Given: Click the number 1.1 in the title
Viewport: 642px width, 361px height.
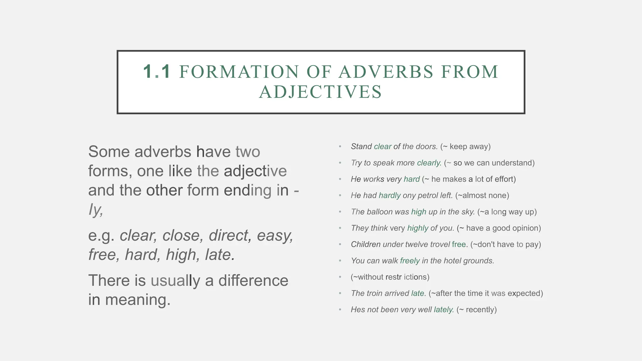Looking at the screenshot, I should point(157,71).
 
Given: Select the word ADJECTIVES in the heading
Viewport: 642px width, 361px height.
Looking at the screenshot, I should point(320,92).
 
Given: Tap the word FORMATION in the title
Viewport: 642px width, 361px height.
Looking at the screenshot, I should point(239,71).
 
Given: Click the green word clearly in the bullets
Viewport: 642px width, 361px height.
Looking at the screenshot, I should point(429,163).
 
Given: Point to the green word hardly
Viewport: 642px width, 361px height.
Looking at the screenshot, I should point(390,196).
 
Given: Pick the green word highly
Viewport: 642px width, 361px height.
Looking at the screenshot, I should point(418,228).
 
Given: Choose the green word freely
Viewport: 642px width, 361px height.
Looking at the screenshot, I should point(410,261).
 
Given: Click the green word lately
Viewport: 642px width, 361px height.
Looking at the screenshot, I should point(444,310).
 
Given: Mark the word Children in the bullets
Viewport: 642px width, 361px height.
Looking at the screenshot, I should point(366,244).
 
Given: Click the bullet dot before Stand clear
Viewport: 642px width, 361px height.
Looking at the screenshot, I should point(340,147).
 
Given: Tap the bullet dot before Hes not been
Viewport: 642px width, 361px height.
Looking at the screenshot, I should point(340,310).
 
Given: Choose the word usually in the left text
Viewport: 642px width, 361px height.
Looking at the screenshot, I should point(175,280).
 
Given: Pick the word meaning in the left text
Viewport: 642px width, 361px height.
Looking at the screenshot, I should point(138,300).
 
